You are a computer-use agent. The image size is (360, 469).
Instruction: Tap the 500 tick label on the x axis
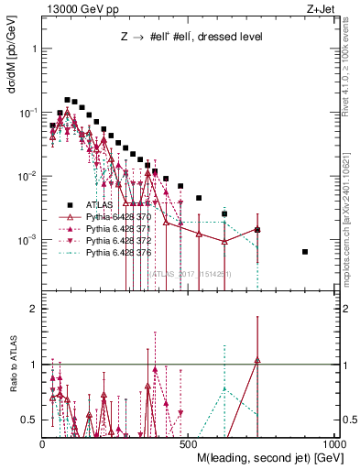click(189, 444)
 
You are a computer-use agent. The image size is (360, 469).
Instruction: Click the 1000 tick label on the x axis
click(334, 444)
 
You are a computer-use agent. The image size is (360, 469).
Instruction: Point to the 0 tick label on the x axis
click(43, 444)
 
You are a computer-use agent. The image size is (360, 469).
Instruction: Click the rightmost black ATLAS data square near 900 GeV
click(305, 252)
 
